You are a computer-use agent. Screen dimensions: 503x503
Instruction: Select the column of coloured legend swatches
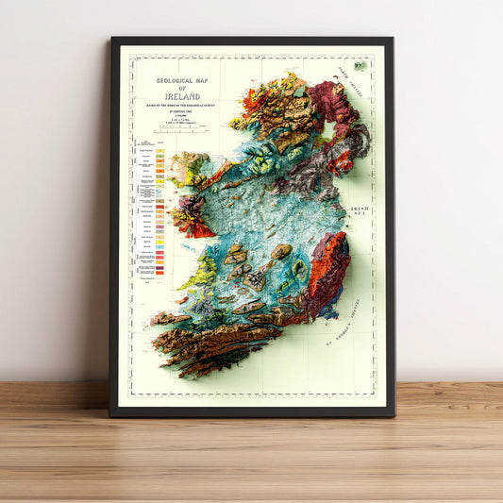pos(161,212)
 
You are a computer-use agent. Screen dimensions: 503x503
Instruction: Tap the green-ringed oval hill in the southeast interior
pos(299,272)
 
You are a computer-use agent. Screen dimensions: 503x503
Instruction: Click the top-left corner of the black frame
pos(112,39)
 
